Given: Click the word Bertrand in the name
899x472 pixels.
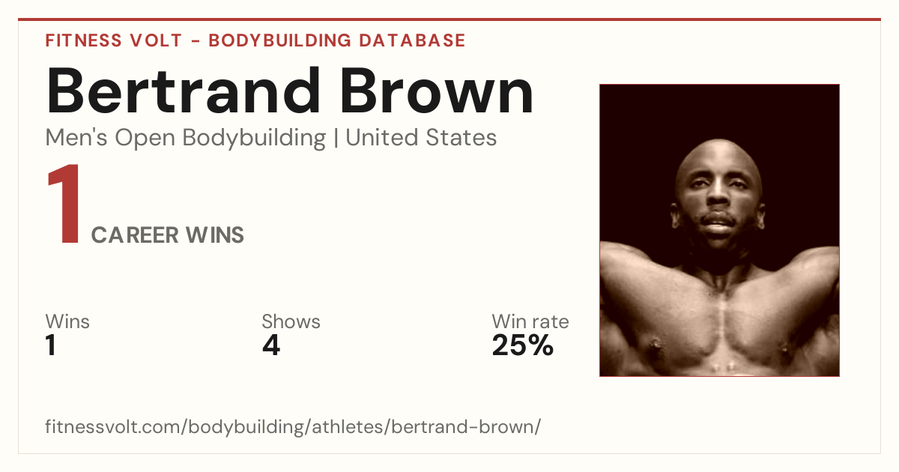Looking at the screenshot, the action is pos(183,91).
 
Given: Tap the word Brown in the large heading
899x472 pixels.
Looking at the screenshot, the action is pos(437,91).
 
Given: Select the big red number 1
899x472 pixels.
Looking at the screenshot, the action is pos(64,203).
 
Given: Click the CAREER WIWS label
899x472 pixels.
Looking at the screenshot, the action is pos(167,235).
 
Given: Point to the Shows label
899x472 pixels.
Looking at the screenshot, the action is pos(291,321).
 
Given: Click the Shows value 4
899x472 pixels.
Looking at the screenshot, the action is pos(271,345).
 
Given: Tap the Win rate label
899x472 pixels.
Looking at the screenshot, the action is pos(530,321).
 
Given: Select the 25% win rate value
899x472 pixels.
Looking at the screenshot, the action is pos(523,345).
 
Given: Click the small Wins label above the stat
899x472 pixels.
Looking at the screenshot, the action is pos(67,321).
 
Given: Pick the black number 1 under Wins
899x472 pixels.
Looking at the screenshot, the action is pos(51,345).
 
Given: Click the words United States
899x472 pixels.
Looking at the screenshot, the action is pos(421,138).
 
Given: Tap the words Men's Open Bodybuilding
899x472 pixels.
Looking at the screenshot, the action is pos(186,139).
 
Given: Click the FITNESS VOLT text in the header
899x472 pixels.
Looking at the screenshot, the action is pos(114,40).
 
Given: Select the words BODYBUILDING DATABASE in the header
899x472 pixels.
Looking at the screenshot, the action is pos(337,40).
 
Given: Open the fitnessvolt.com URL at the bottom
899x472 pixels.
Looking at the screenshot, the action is pos(293,426).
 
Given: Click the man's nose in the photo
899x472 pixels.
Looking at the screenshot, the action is pos(717,195).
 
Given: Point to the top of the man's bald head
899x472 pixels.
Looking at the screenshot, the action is pos(718,142).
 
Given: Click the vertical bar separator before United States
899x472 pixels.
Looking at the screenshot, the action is pos(336,138).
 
